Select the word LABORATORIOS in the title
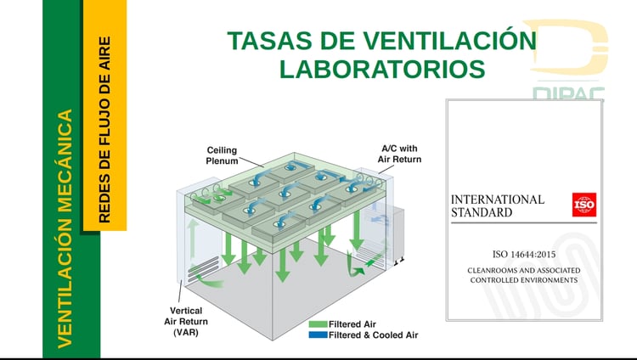click(x=382, y=69)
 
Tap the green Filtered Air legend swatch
click(x=318, y=324)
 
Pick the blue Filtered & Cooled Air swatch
click(x=318, y=335)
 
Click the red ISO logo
click(x=584, y=205)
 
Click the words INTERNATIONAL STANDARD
click(x=497, y=205)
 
